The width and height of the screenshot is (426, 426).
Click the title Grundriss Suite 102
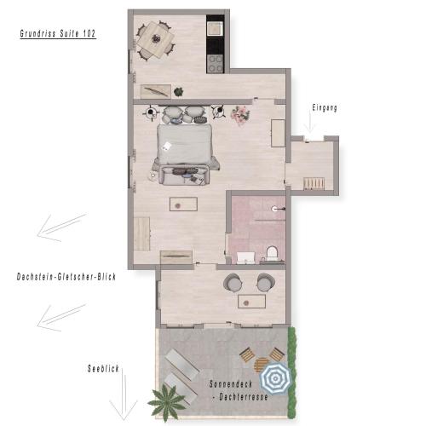(x=58, y=33)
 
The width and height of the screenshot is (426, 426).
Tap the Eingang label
(x=325, y=108)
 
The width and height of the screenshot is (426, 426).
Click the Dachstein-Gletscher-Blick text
(x=66, y=277)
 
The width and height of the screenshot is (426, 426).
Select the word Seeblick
(x=103, y=369)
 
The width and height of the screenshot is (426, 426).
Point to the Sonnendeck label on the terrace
(x=231, y=384)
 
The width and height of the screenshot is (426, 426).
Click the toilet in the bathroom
(x=272, y=253)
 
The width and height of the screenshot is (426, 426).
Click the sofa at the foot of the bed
(x=185, y=176)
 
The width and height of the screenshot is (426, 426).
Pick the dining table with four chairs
(x=155, y=40)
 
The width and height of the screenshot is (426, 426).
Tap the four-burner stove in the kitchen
(x=216, y=63)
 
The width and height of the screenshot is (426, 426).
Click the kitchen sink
(x=216, y=28)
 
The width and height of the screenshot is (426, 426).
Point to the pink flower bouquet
(x=240, y=114)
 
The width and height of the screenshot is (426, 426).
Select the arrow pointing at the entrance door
(x=309, y=123)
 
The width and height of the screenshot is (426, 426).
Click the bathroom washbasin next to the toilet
(x=245, y=257)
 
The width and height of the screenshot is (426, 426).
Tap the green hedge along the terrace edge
(x=292, y=371)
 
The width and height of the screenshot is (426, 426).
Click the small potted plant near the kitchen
(x=179, y=92)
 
